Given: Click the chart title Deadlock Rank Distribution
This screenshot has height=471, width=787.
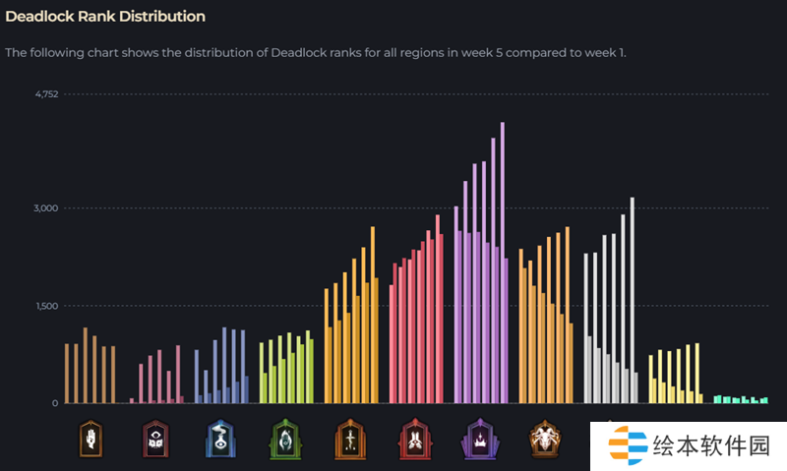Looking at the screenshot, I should (105, 17).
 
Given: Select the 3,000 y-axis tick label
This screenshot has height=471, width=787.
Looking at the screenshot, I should (46, 208).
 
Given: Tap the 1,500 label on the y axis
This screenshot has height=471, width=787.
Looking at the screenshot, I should (46, 306).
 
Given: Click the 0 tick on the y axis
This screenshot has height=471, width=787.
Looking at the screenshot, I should (55, 403).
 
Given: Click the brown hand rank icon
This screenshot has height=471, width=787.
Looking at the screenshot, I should (91, 439).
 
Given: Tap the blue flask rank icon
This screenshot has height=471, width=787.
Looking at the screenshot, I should (219, 439).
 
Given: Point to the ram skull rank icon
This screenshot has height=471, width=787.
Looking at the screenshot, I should (544, 439).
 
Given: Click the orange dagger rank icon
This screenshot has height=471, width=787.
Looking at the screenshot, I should (349, 439).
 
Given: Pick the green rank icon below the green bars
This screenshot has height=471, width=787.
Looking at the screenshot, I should (284, 439).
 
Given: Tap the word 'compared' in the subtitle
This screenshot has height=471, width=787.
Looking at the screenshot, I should (530, 52).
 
